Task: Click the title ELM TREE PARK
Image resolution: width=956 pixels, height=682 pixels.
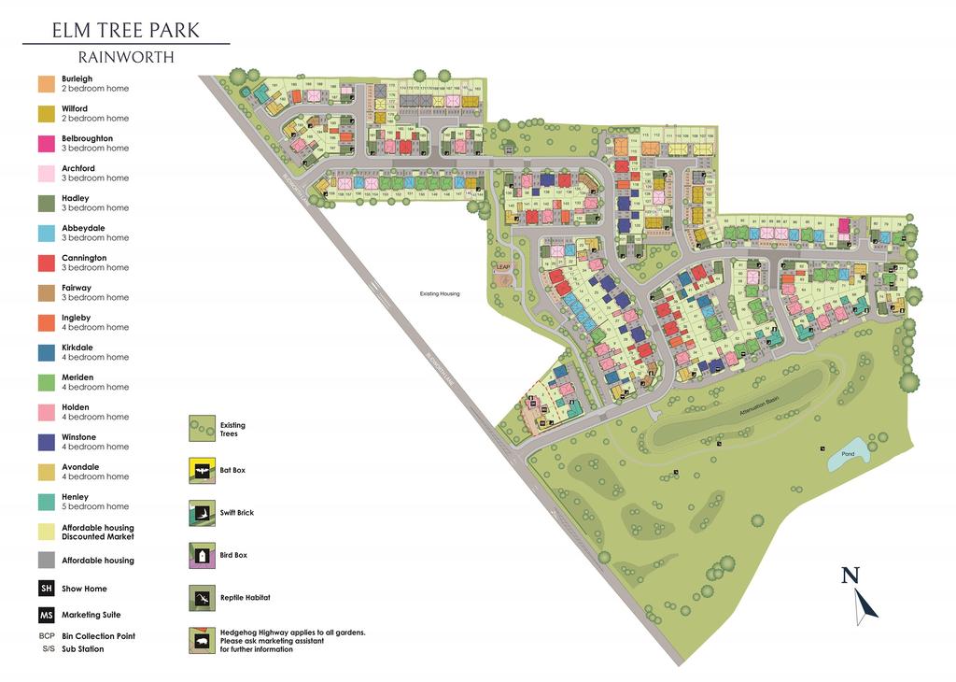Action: [125, 30]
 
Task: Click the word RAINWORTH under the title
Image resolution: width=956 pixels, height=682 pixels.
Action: [125, 57]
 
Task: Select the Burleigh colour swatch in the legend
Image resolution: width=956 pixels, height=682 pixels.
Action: [45, 83]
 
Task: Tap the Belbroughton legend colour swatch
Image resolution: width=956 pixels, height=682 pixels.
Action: [45, 143]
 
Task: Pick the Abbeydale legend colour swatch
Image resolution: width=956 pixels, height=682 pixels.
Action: [45, 233]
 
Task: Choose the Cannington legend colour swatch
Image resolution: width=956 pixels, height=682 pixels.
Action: [45, 263]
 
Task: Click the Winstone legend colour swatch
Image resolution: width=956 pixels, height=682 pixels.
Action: [45, 442]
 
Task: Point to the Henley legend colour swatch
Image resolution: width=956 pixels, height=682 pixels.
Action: [45, 502]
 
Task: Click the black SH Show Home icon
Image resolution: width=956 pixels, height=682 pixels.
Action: [45, 589]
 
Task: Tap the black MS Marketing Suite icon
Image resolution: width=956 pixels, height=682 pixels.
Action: [45, 615]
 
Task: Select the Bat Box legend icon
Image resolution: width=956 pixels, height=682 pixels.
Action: [202, 470]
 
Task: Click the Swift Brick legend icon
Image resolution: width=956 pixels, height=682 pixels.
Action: [202, 513]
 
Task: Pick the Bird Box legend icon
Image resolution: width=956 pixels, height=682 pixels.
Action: [202, 556]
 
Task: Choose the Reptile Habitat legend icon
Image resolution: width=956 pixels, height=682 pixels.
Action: [202, 597]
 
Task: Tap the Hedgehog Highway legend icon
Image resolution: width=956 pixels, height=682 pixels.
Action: [202, 640]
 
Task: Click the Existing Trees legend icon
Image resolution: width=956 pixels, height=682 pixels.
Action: [202, 429]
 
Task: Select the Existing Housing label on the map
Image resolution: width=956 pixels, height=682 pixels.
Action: [440, 294]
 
